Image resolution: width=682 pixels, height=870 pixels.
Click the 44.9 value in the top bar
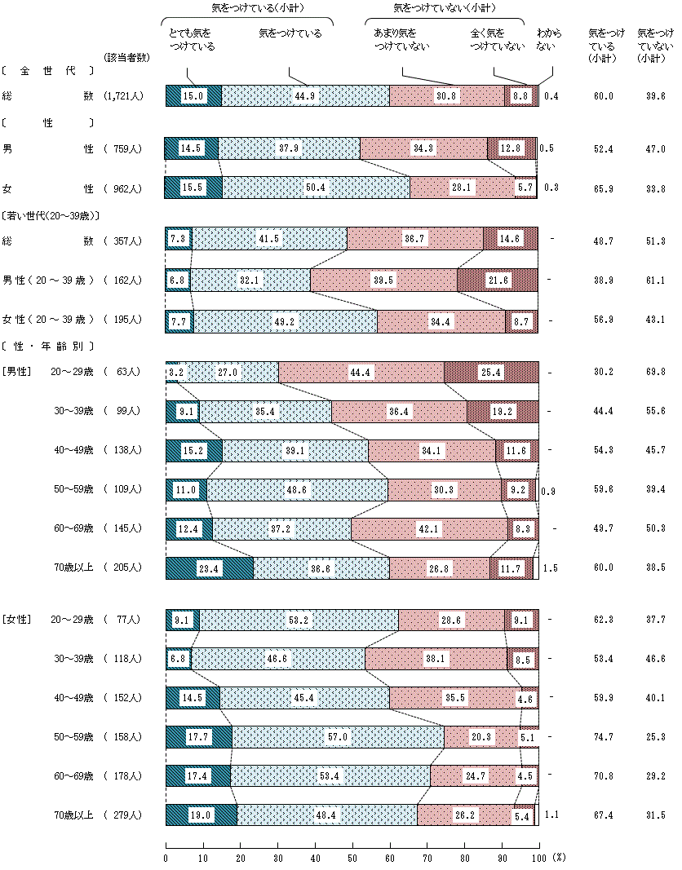tap(306, 95)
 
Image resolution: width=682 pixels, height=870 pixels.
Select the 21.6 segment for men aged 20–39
tap(497, 280)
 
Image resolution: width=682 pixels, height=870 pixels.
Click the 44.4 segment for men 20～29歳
tap(361, 372)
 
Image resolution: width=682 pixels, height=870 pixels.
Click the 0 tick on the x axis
tap(166, 858)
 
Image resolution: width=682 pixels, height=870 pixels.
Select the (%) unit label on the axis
tap(558, 858)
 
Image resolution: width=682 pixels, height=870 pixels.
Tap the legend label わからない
tap(548, 40)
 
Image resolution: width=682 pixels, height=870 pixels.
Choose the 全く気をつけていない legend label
tap(497, 40)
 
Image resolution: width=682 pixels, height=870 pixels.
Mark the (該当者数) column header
tap(126, 58)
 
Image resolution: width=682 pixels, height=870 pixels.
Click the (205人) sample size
tap(124, 567)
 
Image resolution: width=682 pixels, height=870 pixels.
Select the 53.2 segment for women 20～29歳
tap(299, 620)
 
